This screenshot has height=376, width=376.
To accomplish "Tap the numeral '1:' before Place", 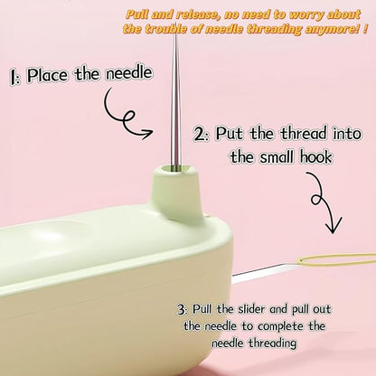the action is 14,77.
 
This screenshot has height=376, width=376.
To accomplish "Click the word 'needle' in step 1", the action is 128,73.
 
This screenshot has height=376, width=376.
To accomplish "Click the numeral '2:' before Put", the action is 201,135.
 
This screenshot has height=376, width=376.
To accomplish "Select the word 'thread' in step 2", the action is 304,133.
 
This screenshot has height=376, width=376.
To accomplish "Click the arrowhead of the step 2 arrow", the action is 333,227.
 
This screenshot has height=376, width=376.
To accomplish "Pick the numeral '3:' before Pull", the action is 183,310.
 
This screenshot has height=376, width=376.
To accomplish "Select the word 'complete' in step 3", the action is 280,327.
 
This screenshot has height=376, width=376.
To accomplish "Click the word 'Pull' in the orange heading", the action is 137,14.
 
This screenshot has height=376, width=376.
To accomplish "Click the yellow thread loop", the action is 336,260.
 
